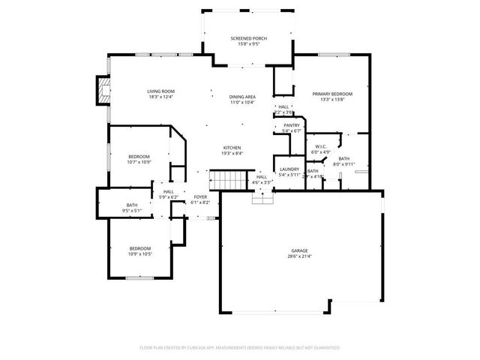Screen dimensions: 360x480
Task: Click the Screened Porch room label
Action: (248, 38)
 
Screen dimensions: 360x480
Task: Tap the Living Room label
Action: (160, 91)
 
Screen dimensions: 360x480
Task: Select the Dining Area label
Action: (242, 97)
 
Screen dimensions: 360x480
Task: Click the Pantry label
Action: (292, 125)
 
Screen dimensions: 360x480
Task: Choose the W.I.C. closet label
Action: (321, 146)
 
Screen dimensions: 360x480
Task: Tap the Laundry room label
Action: (289, 169)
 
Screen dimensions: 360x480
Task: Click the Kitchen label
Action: (232, 148)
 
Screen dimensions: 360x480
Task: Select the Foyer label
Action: (200, 197)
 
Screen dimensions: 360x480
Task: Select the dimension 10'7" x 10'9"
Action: (139, 162)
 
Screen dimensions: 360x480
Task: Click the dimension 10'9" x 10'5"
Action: (140, 254)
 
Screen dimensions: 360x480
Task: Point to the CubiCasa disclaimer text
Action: (240, 348)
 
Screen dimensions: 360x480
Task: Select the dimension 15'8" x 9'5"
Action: (248, 43)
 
